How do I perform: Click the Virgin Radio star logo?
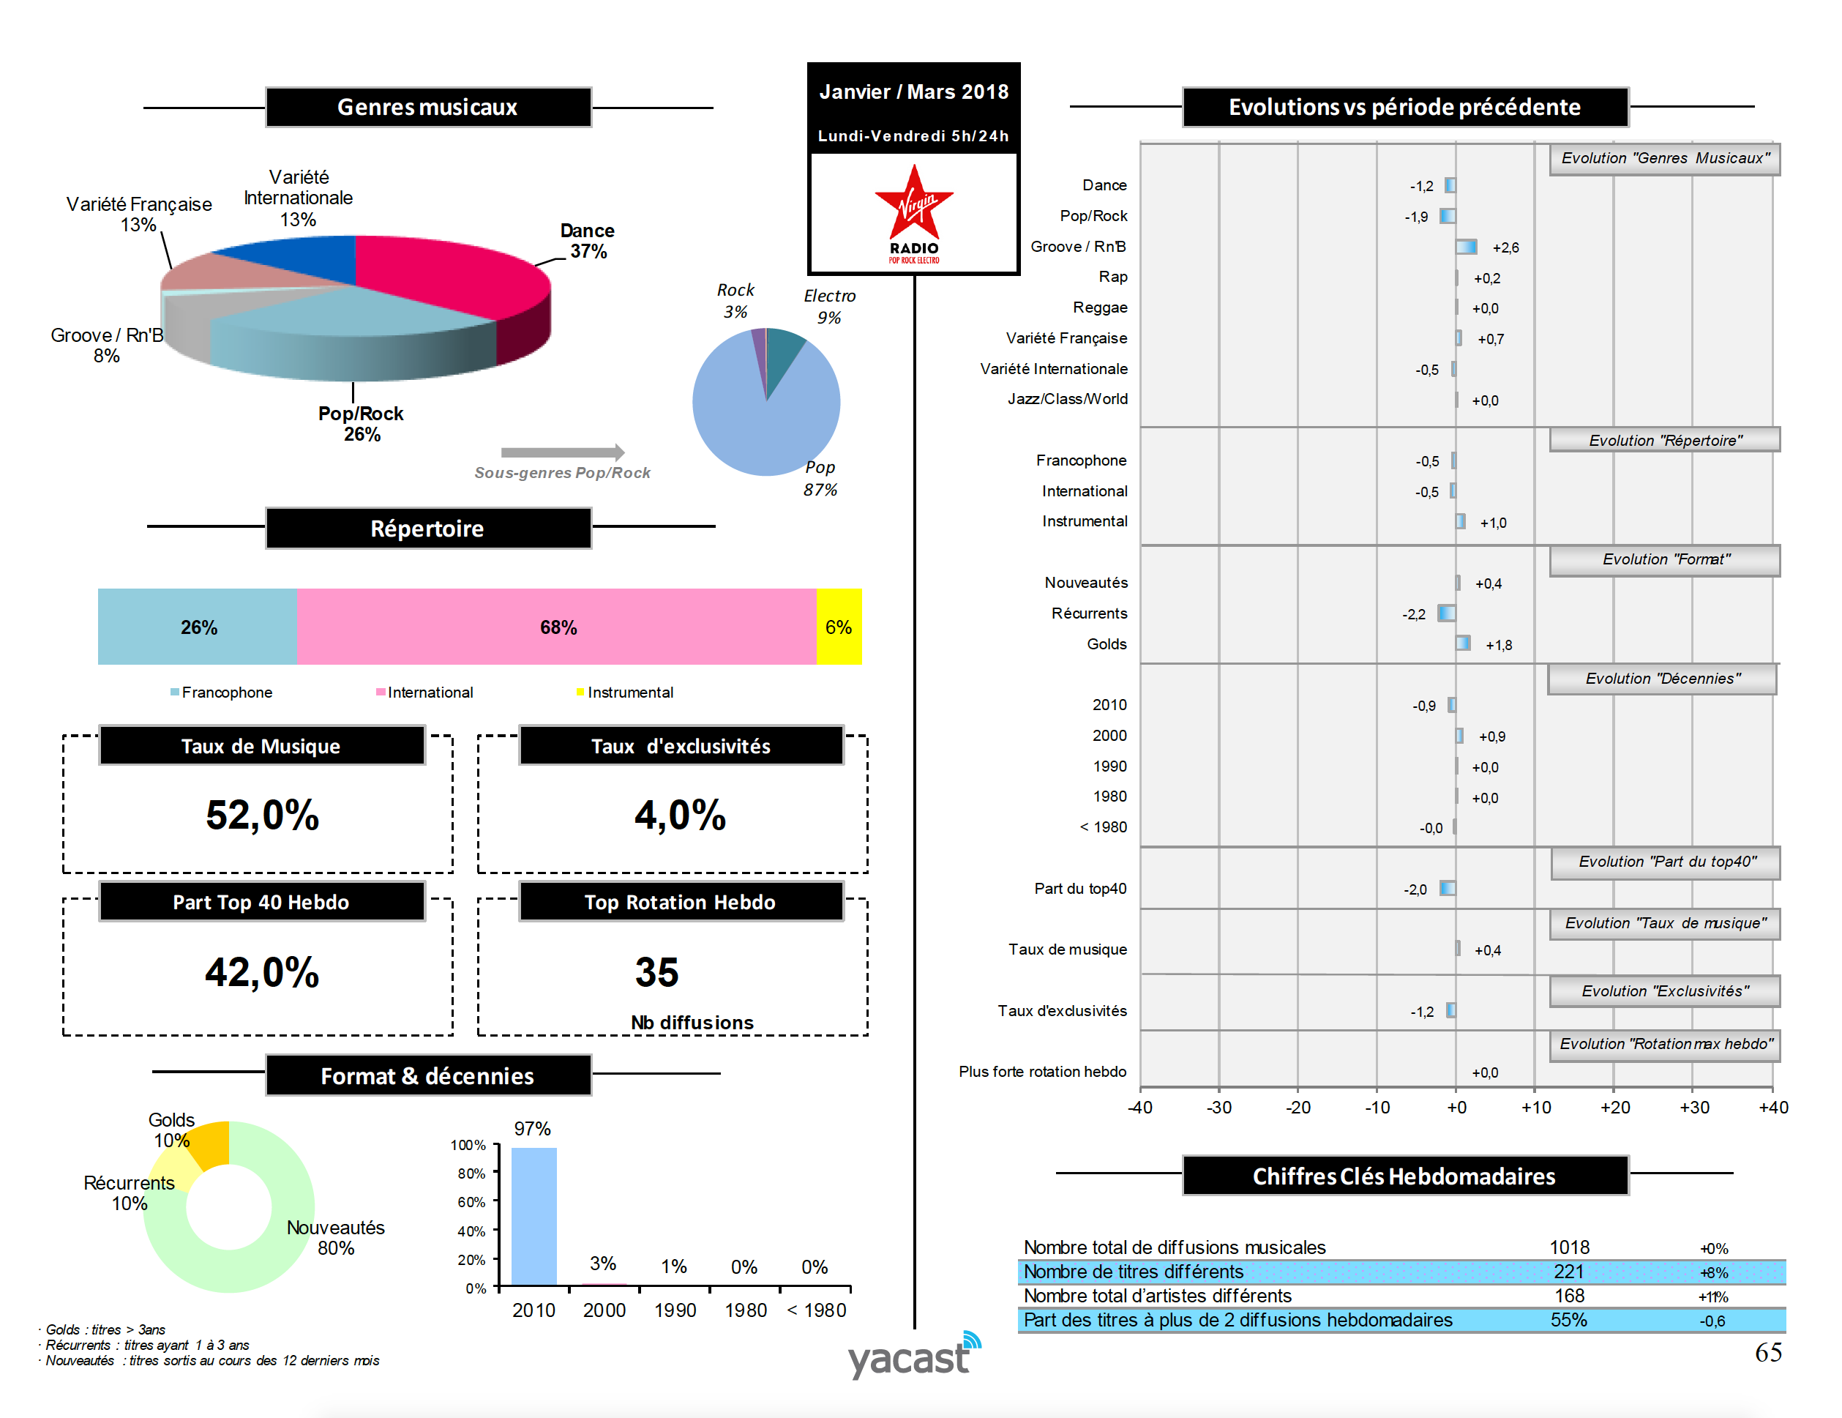tap(913, 206)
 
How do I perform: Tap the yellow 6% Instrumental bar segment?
tap(839, 627)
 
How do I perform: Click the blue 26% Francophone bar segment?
tap(198, 627)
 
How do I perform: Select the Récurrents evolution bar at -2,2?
tap(1446, 613)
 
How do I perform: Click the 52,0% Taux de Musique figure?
tap(262, 815)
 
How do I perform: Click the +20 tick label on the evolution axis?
tap(1614, 1108)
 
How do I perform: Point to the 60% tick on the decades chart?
tap(471, 1202)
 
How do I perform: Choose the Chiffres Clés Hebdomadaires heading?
tap(1404, 1176)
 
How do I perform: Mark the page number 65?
tap(1768, 1352)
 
